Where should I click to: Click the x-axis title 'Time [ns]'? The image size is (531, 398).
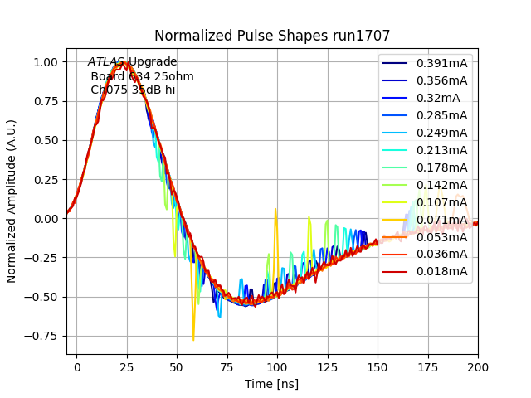(x=272, y=384)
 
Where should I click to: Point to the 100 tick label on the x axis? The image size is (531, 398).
(x=277, y=366)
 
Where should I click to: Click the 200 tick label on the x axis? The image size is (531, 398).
(x=478, y=366)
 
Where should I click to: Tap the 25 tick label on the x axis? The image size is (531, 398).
(x=127, y=366)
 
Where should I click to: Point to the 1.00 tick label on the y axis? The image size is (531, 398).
(x=46, y=62)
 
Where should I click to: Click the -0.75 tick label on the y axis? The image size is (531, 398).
(x=44, y=336)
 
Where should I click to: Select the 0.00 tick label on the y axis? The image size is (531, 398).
(x=46, y=219)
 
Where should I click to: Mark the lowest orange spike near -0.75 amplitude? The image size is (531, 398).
(x=193, y=339)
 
